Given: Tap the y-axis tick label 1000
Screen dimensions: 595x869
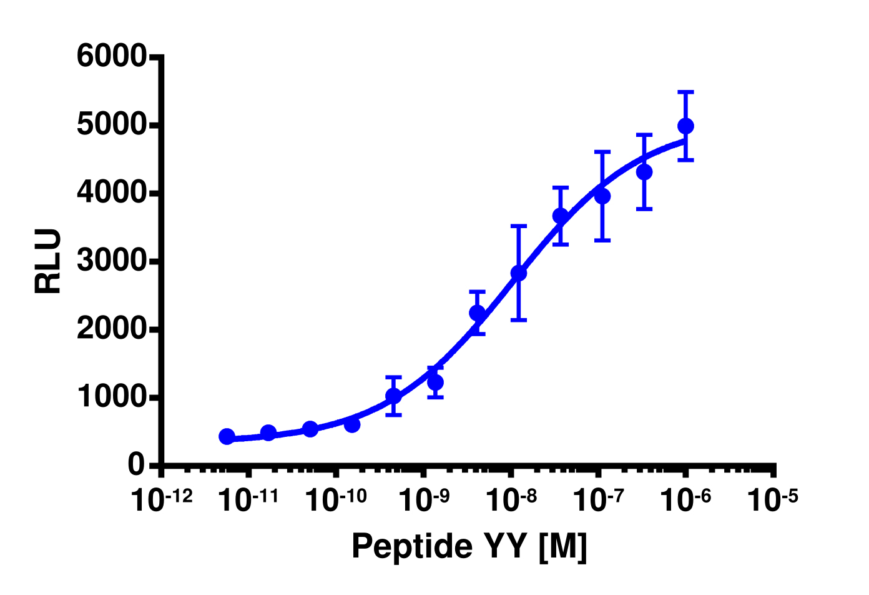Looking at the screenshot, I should point(111,397).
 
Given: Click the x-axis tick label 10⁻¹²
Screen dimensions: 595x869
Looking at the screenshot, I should point(162,499).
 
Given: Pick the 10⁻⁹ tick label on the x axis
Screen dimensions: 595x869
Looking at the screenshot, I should point(425,499).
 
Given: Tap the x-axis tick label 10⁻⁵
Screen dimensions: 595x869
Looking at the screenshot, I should point(773,499).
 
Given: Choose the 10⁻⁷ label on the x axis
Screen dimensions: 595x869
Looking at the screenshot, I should point(599,499).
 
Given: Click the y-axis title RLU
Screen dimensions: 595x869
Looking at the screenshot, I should point(48,261).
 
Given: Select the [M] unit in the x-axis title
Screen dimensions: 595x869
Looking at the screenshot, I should point(562,546).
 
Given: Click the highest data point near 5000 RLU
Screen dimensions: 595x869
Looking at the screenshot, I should point(685,126).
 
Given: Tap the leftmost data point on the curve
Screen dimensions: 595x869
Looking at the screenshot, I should point(227,436).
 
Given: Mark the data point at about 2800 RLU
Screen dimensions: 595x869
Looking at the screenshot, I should point(519,273).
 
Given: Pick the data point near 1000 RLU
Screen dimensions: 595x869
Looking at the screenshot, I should point(393,396).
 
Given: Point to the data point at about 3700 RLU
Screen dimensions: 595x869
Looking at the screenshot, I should point(561,216).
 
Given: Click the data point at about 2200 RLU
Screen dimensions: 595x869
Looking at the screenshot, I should point(477,312).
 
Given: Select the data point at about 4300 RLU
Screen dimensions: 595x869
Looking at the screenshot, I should point(644,171).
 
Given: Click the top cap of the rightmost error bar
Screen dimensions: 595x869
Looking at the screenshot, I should point(685,92).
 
